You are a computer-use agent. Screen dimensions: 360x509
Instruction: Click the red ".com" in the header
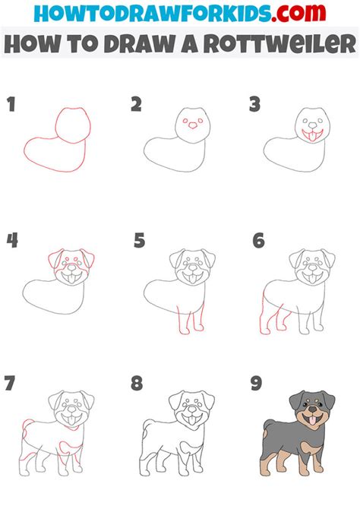(x=298, y=13)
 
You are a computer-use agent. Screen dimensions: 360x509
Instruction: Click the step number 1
(x=11, y=104)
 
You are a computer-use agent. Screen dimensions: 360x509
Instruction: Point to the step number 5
(x=139, y=241)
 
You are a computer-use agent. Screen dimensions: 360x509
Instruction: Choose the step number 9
(x=256, y=383)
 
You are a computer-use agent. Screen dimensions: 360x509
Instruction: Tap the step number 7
(x=10, y=383)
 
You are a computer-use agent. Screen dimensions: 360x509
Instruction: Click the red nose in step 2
(x=193, y=125)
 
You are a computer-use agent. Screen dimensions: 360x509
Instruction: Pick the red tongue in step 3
(x=312, y=136)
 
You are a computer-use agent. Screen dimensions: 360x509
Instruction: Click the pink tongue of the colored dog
(x=312, y=420)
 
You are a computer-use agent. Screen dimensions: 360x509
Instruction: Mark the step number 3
(x=255, y=104)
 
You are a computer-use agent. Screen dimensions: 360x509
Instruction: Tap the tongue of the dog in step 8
(x=192, y=420)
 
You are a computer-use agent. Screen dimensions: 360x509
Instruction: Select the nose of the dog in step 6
(x=312, y=268)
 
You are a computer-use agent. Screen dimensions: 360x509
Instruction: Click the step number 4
(x=12, y=241)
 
